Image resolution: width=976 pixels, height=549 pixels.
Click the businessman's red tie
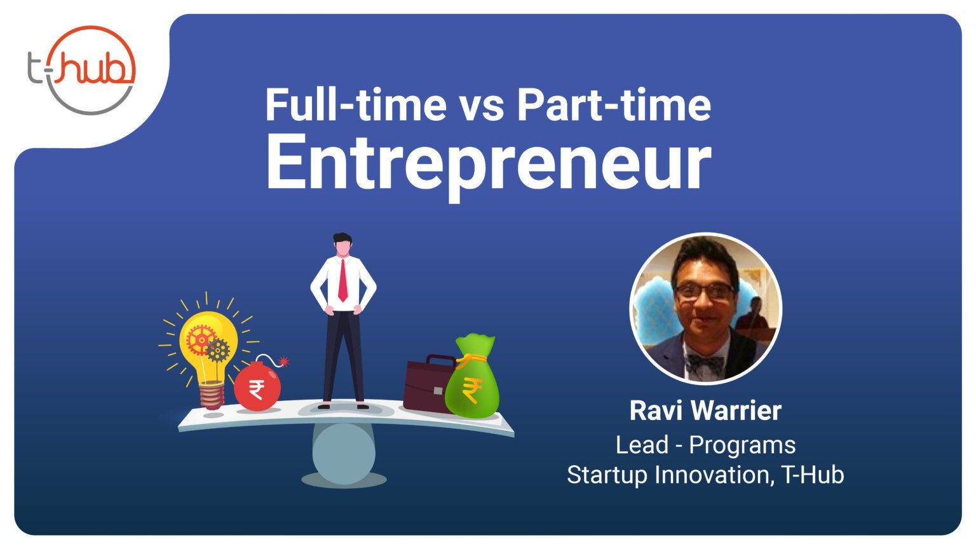(x=343, y=280)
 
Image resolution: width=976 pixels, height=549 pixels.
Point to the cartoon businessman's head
(x=342, y=245)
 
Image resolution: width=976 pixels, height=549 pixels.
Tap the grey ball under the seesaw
(x=344, y=453)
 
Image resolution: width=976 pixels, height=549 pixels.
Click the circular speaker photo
(x=706, y=309)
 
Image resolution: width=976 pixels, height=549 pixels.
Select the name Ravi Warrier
(x=705, y=411)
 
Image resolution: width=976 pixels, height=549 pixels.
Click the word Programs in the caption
(x=742, y=445)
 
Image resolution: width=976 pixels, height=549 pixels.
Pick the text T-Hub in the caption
(x=813, y=475)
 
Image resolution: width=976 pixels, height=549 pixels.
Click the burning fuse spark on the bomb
(x=283, y=361)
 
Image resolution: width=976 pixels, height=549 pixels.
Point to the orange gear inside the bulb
(x=200, y=339)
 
